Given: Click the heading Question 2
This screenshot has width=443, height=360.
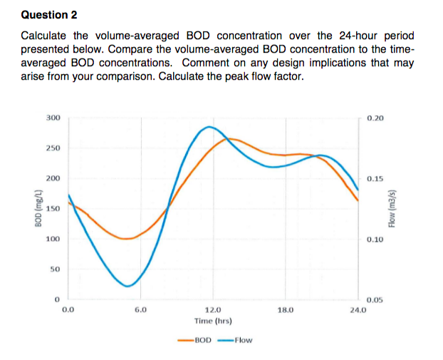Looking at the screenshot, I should click(49, 15).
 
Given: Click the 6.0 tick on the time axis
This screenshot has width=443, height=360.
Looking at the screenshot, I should click(140, 311).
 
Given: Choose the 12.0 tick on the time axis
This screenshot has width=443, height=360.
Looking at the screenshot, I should click(212, 311).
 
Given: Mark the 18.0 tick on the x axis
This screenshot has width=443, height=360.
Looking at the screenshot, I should click(285, 311).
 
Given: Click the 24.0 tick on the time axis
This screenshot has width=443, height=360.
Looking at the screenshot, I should click(357, 311).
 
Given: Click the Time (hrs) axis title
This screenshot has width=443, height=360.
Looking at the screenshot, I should click(212, 322).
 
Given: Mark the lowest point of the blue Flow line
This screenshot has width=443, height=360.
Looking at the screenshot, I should click(127, 286).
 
